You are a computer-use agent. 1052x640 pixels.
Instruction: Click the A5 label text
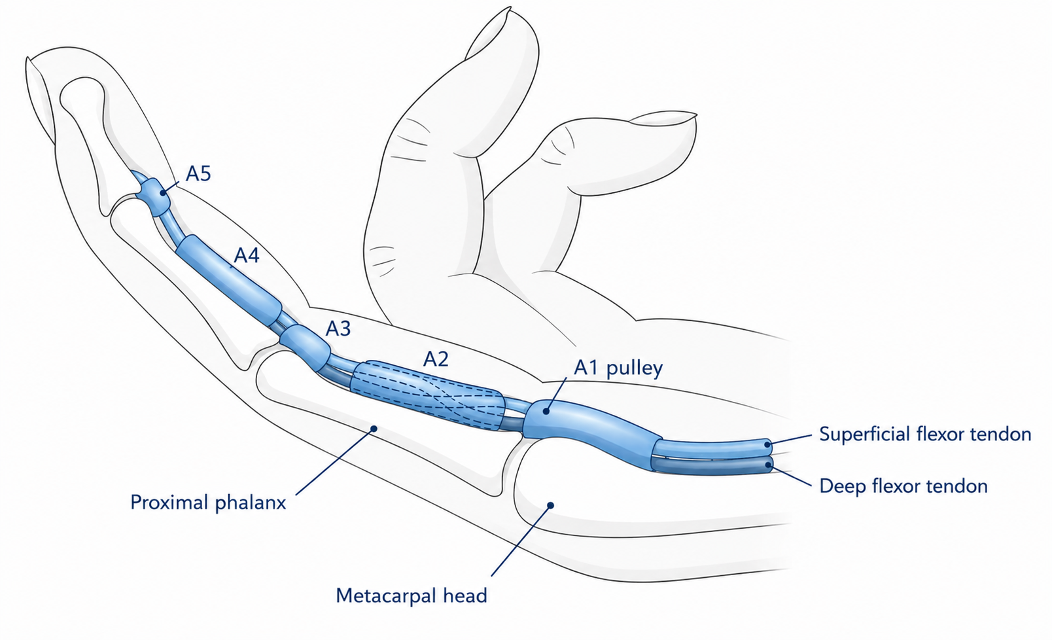pos(198,174)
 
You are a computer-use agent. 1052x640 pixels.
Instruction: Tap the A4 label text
pos(247,256)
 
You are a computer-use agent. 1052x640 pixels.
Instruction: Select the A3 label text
pos(338,329)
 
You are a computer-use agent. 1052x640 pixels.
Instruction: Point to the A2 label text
pos(436,359)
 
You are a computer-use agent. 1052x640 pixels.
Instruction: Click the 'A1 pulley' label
pos(618,368)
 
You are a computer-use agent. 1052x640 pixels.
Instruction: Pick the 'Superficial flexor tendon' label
pos(925,434)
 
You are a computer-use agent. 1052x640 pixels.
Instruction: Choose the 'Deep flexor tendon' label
pos(903,486)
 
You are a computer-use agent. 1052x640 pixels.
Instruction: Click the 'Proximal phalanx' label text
pos(208,503)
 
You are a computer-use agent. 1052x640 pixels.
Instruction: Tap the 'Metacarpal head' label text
pos(412,596)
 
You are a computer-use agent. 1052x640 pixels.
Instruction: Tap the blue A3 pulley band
pos(306,347)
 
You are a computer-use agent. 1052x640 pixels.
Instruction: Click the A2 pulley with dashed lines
pos(427,395)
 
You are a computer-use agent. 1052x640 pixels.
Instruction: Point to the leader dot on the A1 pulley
pos(546,411)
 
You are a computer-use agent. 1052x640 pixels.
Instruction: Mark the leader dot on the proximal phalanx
pos(374,428)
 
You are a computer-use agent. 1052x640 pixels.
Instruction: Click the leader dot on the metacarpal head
pos(551,505)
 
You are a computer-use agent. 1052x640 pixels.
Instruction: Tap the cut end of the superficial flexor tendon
pos(767,444)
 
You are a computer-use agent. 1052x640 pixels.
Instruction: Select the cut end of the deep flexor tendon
pos(768,465)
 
